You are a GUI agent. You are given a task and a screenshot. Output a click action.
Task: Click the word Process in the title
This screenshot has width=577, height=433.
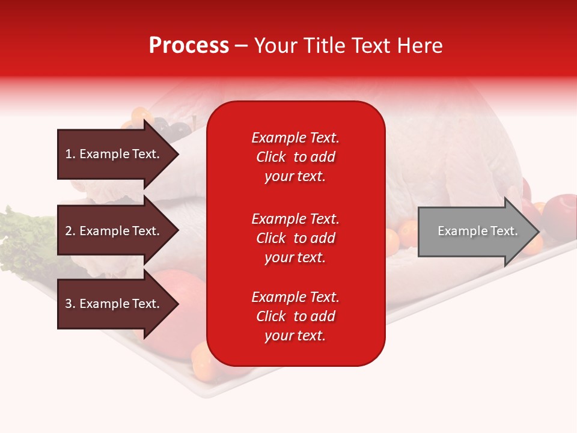[x=189, y=46]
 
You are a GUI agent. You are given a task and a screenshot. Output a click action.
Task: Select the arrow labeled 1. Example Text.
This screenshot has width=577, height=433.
[x=114, y=154]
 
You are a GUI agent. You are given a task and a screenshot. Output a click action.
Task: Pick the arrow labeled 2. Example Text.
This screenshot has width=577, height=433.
[x=114, y=231]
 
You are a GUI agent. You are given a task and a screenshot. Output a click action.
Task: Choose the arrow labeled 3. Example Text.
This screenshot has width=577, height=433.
[x=114, y=304]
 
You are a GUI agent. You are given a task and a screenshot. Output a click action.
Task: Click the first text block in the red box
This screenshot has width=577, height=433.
[x=295, y=157]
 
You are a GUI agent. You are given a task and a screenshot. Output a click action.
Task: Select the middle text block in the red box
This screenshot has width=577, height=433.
[x=295, y=238]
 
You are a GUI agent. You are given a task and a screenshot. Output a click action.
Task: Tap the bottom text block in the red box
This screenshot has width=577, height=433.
[x=295, y=316]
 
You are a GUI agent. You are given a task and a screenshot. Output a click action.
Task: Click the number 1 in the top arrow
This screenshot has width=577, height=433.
[x=69, y=154]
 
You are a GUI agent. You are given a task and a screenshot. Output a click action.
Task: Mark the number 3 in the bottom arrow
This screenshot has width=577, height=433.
[x=69, y=304]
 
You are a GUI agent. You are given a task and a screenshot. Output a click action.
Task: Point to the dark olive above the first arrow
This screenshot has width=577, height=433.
[x=179, y=128]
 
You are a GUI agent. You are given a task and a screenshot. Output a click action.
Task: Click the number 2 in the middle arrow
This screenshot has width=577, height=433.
[x=69, y=231]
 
